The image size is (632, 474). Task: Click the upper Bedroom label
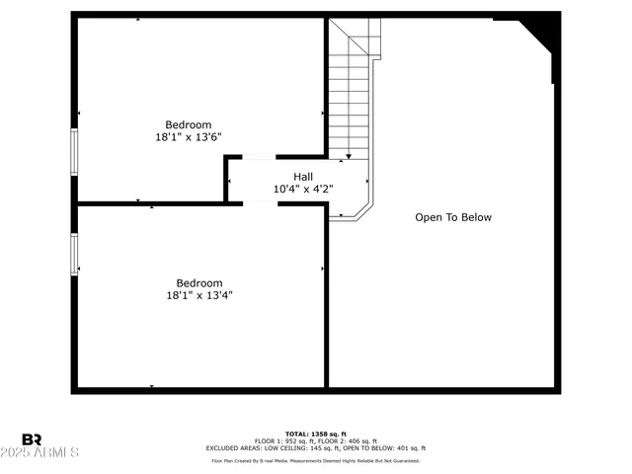pyautogui.click(x=189, y=124)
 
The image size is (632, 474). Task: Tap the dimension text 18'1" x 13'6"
pyautogui.click(x=189, y=137)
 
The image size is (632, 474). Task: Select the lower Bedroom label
pyautogui.click(x=199, y=282)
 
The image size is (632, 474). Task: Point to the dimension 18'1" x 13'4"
pyautogui.click(x=199, y=294)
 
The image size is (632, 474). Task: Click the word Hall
pyautogui.click(x=303, y=177)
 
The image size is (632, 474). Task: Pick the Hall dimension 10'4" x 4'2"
pyautogui.click(x=303, y=189)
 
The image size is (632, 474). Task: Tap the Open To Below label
pyautogui.click(x=452, y=217)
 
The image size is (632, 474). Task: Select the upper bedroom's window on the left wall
pyautogui.click(x=74, y=153)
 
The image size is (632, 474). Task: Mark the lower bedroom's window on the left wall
pyautogui.click(x=74, y=254)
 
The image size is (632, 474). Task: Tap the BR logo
pyautogui.click(x=33, y=438)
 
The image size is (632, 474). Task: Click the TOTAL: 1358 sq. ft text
pyautogui.click(x=316, y=434)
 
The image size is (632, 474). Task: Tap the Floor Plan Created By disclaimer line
pyautogui.click(x=316, y=460)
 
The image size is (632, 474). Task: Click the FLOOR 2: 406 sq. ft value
pyautogui.click(x=350, y=441)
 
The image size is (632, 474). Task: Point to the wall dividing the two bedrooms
pyautogui.click(x=148, y=203)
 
